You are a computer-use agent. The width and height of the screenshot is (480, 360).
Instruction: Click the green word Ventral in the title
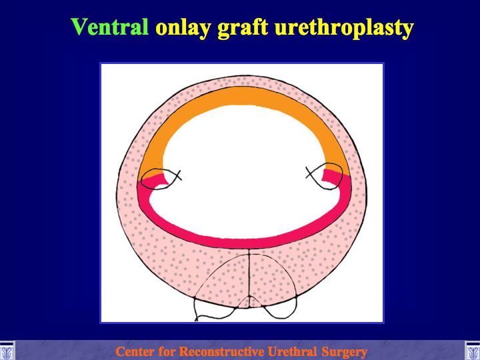click(x=110, y=27)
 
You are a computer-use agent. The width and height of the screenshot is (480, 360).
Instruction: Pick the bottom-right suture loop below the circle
click(x=281, y=313)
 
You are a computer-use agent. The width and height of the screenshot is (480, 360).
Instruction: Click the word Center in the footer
click(x=135, y=351)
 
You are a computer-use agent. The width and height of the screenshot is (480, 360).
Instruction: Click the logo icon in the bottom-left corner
click(x=7, y=351)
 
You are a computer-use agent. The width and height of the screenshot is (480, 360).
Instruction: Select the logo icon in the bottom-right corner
click(x=473, y=351)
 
